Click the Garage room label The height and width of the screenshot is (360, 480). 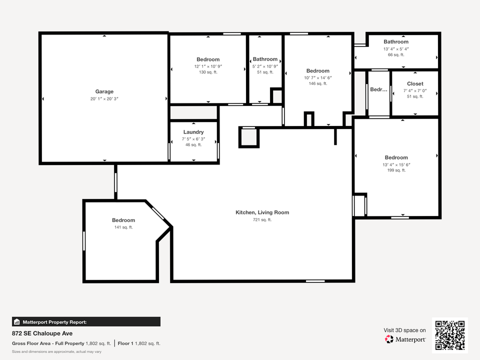104,91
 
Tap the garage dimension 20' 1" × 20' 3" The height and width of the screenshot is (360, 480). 104,99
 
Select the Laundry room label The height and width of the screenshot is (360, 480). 193,132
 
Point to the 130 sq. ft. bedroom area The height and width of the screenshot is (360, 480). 208,72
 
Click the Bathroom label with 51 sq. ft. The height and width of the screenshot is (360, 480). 265,59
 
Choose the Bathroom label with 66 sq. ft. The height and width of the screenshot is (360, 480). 396,42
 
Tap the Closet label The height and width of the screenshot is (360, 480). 415,84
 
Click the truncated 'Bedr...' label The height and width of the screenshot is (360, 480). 378,89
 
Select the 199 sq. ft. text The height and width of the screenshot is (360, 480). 396,170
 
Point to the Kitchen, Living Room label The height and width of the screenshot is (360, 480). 262,212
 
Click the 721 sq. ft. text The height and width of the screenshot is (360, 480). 262,220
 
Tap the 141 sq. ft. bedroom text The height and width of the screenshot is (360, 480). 123,227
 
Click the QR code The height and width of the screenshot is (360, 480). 450,335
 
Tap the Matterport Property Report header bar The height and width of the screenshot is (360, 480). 86,322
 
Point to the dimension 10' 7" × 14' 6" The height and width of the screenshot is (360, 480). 318,77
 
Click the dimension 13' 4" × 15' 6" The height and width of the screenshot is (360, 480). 396,164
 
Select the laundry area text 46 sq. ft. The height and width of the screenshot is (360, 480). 193,145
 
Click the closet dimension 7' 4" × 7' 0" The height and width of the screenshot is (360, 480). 415,90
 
